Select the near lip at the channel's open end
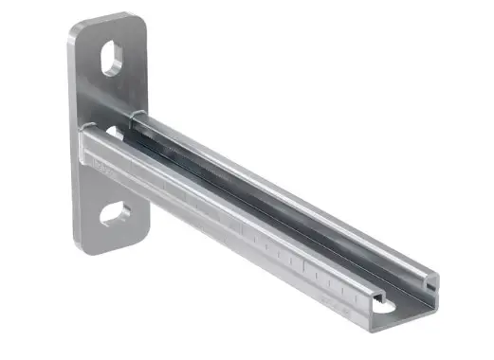click(x=377, y=298)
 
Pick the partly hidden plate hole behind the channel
click(x=114, y=132)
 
